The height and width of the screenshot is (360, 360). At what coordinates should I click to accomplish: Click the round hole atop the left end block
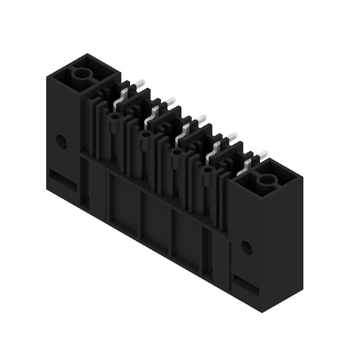click(82, 73)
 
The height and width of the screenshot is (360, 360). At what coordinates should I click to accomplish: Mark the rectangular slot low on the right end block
click(246, 284)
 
